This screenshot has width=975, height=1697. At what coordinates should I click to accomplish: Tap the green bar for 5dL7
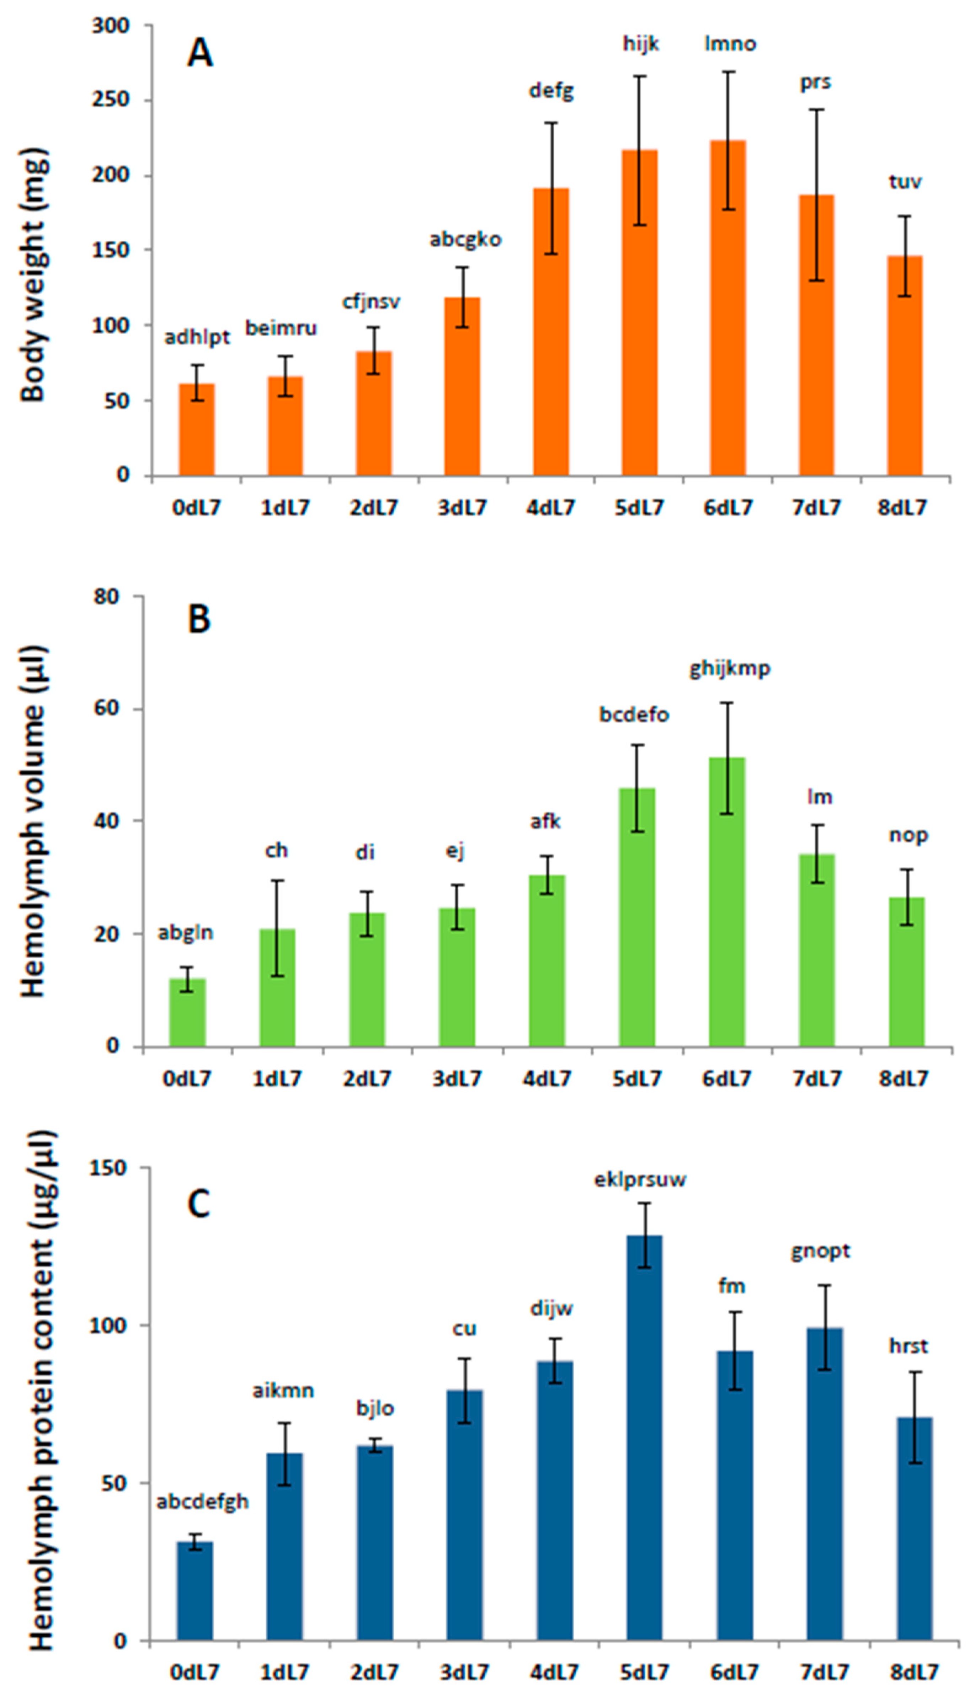[x=637, y=917]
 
